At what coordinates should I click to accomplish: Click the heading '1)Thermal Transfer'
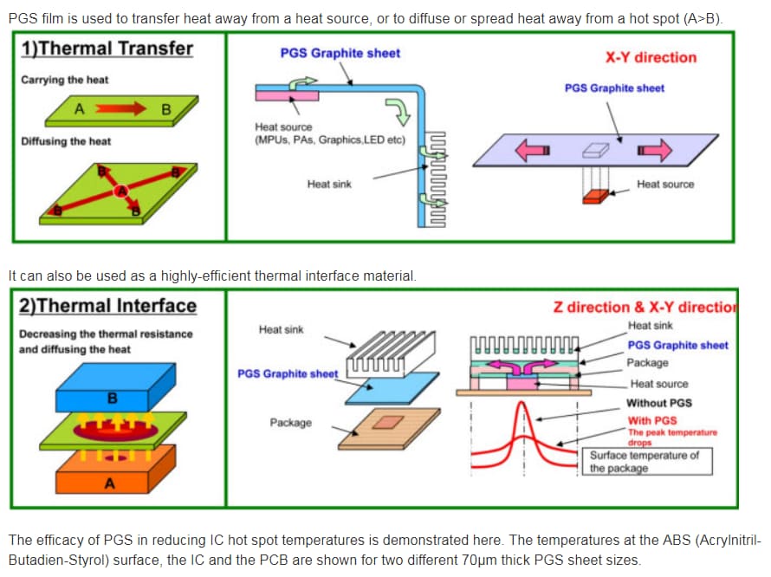pyautogui.click(x=107, y=49)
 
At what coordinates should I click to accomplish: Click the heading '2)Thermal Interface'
pyautogui.click(x=108, y=306)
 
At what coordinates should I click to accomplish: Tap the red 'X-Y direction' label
pyautogui.click(x=651, y=57)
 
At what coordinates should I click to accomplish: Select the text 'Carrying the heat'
pyautogui.click(x=65, y=80)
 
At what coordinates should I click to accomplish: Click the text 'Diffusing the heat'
pyautogui.click(x=66, y=141)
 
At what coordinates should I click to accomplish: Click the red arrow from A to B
pyautogui.click(x=121, y=109)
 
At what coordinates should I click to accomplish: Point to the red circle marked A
pyautogui.click(x=121, y=191)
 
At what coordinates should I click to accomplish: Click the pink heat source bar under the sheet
pyautogui.click(x=287, y=95)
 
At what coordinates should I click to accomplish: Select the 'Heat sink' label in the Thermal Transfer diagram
pyautogui.click(x=329, y=184)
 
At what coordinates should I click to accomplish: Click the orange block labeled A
pyautogui.click(x=108, y=475)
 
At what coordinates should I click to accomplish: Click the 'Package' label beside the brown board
pyautogui.click(x=290, y=423)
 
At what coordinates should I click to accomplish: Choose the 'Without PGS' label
pyautogui.click(x=659, y=403)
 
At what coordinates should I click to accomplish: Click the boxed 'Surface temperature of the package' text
pyautogui.click(x=645, y=461)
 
